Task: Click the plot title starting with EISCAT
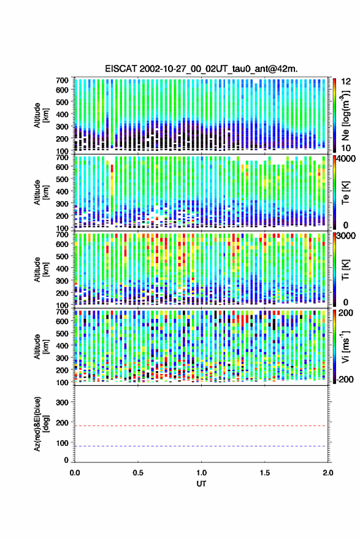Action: (x=201, y=69)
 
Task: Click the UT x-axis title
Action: (x=201, y=484)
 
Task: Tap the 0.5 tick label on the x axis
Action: (x=138, y=473)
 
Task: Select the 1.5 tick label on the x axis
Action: (x=265, y=473)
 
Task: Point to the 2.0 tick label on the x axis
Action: (x=327, y=473)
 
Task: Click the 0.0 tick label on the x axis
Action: (x=75, y=473)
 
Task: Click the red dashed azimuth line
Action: (x=201, y=426)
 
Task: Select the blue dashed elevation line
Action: (x=201, y=446)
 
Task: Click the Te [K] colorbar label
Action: (x=345, y=193)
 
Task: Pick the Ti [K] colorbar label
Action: (x=345, y=270)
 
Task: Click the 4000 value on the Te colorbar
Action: (x=346, y=159)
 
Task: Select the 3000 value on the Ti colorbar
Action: (x=346, y=236)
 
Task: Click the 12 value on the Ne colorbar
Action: (x=347, y=82)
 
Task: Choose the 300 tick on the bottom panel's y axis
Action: (x=62, y=402)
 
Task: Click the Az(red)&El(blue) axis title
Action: (x=41, y=424)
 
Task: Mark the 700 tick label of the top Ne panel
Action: (x=62, y=80)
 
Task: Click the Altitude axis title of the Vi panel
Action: (x=41, y=346)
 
